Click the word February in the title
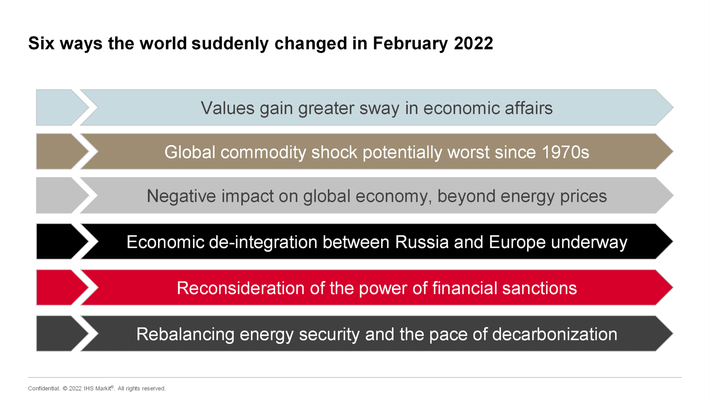pos(410,44)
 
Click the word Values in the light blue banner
pos(228,108)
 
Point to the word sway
pos(379,109)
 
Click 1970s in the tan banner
pos(566,152)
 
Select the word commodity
pos(263,153)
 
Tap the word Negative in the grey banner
pos(181,196)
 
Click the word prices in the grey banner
pos(583,197)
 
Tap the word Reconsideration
pos(241,288)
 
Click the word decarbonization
pos(555,334)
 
